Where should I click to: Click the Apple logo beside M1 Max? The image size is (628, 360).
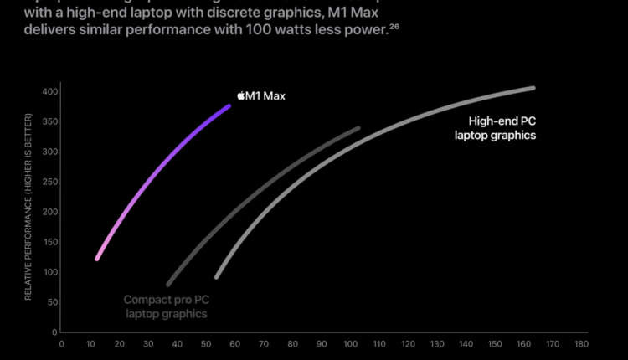pyautogui.click(x=241, y=96)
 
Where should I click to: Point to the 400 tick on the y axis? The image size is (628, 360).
pyautogui.click(x=49, y=91)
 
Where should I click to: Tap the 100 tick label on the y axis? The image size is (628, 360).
pyautogui.click(x=49, y=272)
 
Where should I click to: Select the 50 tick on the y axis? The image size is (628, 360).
pyautogui.click(x=52, y=302)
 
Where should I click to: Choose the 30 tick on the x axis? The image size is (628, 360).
pyautogui.click(x=148, y=343)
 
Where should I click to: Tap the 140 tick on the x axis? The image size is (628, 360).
pyautogui.click(x=466, y=343)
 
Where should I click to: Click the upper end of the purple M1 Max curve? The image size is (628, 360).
pyautogui.click(x=229, y=106)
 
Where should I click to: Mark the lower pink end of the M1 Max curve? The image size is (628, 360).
pyautogui.click(x=97, y=258)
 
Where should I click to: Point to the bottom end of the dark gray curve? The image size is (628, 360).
pyautogui.click(x=168, y=284)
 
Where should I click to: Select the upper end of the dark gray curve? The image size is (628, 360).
pyautogui.click(x=358, y=129)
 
